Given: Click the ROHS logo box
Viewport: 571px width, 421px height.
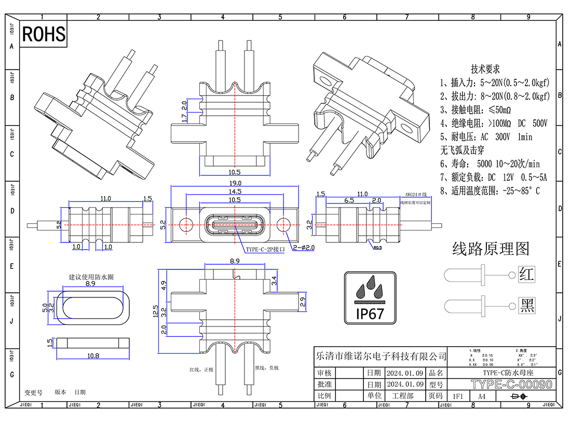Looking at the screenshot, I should (44, 34).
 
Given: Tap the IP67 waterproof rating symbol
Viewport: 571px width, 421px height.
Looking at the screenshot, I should (370, 297).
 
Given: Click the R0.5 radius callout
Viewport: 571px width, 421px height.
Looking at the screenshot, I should (378, 248).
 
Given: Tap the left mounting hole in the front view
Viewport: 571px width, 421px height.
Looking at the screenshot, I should (185, 224).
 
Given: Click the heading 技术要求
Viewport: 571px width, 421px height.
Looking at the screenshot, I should (485, 70).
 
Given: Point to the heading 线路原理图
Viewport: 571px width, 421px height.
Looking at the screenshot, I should (491, 249).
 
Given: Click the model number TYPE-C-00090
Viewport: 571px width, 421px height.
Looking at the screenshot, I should (511, 385).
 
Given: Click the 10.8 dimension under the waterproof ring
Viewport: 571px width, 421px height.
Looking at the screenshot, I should (91, 356).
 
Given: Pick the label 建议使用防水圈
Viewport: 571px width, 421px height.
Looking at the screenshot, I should (91, 277).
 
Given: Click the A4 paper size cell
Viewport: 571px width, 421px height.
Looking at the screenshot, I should (482, 396).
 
